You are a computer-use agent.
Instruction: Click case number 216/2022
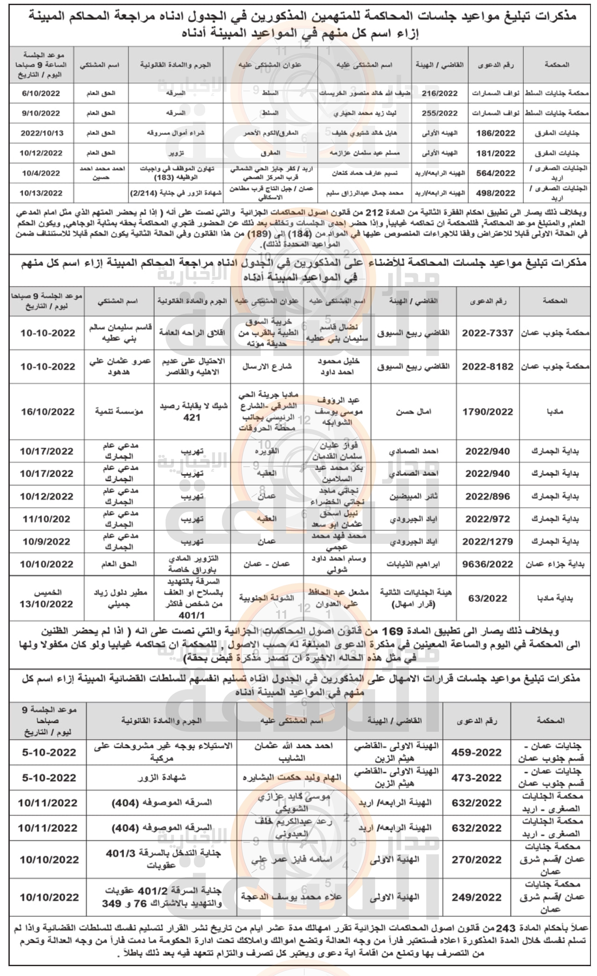[439, 93]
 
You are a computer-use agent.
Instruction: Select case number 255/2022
[439, 113]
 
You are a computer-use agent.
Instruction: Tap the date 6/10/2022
[41, 93]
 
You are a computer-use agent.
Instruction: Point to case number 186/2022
[496, 133]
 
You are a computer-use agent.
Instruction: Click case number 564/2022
[496, 173]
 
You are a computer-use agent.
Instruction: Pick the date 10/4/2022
[41, 173]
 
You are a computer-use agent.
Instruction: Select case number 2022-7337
[488, 333]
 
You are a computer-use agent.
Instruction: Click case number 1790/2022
[488, 411]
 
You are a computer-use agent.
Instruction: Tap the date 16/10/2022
[47, 411]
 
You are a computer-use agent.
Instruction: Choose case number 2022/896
[488, 496]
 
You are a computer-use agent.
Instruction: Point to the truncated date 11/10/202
[46, 519]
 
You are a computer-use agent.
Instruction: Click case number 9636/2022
[488, 564]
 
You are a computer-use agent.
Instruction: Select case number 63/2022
[488, 598]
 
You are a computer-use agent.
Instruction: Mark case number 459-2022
[476, 752]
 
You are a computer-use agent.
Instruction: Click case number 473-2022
[476, 778]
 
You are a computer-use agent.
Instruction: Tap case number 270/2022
[476, 860]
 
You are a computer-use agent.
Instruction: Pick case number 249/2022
[476, 897]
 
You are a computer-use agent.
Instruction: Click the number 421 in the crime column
[192, 418]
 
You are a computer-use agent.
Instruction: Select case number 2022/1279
[488, 542]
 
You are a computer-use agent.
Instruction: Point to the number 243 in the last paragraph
[505, 929]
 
